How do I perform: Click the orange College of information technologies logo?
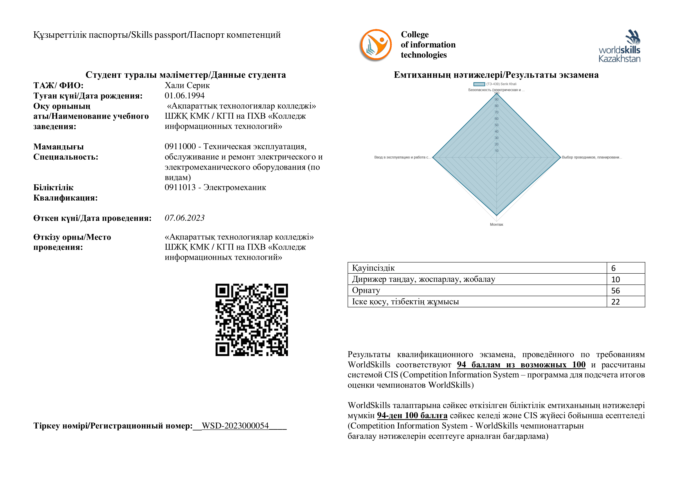coord(376,45)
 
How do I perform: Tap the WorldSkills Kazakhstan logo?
coord(619,46)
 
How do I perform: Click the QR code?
coord(252,320)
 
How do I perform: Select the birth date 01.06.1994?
coord(185,96)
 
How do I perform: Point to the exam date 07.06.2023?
coord(185,218)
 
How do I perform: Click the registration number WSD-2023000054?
coord(235,426)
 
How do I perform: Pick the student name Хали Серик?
coord(187,85)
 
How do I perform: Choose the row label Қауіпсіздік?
coord(373,268)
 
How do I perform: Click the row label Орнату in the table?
coord(366,290)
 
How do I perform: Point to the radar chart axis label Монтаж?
coord(496,225)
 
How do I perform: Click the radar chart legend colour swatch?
coord(479,84)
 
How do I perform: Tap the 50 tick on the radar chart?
coord(496,125)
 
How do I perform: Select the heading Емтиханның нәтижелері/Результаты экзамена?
coord(496,75)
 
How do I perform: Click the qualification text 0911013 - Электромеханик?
coord(215,187)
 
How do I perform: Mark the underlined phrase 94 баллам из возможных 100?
coord(521,365)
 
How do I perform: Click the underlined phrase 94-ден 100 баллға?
coord(412,416)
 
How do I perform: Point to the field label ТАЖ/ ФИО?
coord(58,86)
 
